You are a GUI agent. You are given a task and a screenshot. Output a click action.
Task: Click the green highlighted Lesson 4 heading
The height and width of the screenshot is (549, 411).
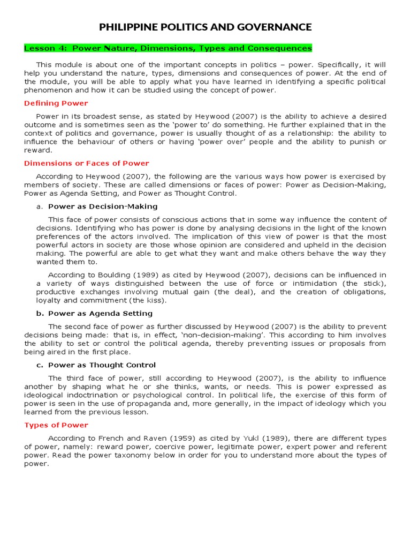pos(168,48)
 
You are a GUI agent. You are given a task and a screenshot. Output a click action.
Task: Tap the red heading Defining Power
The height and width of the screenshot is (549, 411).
pos(56,103)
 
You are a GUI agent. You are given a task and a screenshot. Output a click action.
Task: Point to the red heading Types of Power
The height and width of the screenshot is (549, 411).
pos(56,425)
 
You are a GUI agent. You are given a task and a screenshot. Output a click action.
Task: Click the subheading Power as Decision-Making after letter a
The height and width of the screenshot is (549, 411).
pos(103,206)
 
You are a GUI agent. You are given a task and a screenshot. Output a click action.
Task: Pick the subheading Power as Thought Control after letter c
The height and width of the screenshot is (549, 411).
pos(102,365)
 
